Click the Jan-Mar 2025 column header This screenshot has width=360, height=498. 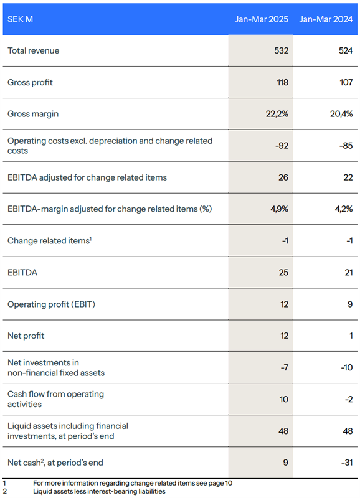(x=261, y=19)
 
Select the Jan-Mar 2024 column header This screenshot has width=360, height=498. (x=326, y=19)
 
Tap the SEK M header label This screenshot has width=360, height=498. (x=20, y=19)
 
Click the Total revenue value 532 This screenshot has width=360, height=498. (x=281, y=50)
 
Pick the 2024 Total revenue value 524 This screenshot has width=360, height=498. (x=346, y=50)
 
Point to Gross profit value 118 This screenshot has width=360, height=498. (x=282, y=82)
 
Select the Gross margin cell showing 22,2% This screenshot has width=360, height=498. (x=277, y=114)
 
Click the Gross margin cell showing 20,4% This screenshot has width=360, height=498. (x=341, y=114)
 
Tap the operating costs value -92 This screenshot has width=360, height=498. (x=282, y=146)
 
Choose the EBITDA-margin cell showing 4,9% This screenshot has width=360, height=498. (x=279, y=209)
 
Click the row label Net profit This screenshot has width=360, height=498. (x=26, y=336)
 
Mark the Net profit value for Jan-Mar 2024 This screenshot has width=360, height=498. (x=351, y=336)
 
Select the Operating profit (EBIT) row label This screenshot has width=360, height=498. (x=51, y=304)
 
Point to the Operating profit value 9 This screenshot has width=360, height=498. (x=350, y=304)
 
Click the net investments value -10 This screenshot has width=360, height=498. (x=347, y=367)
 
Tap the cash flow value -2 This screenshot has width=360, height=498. (x=349, y=399)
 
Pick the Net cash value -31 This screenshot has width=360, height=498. (x=347, y=463)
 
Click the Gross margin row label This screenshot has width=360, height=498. (x=33, y=114)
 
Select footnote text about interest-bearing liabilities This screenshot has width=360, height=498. (x=99, y=491)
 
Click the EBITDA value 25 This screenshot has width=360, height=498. (x=283, y=273)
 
